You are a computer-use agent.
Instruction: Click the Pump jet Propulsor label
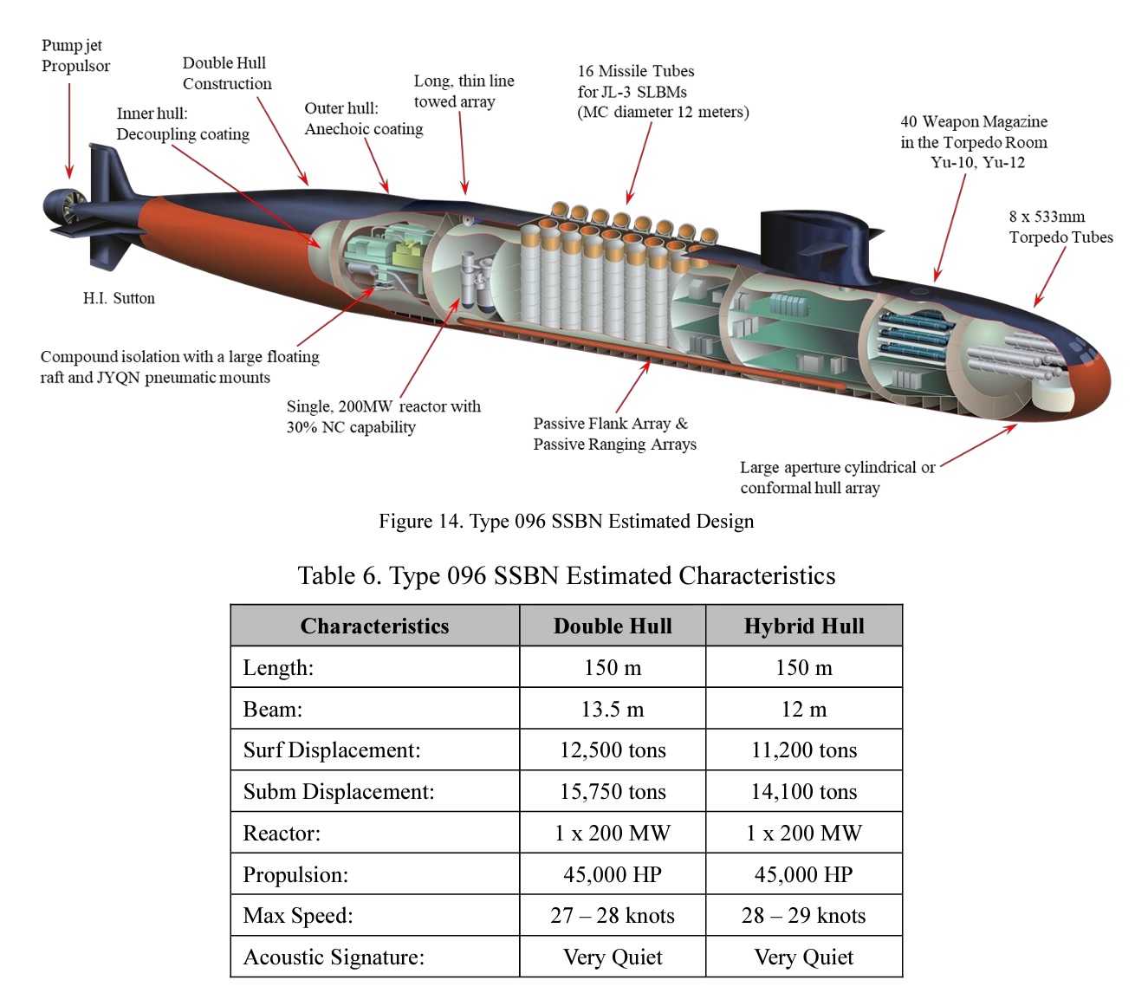(76, 55)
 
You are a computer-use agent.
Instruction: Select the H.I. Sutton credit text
(119, 298)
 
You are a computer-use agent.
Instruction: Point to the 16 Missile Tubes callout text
(663, 92)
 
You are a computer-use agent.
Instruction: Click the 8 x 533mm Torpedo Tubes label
(1060, 227)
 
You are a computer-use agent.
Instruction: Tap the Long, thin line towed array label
(464, 91)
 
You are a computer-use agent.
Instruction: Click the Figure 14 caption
(566, 521)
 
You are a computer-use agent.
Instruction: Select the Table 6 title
(567, 575)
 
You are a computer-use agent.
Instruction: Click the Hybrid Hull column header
(804, 626)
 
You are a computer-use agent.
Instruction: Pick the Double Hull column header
(613, 626)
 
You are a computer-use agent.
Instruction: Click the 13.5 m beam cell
(613, 709)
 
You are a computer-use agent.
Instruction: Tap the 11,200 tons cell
(804, 750)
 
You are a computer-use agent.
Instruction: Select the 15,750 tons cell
(613, 791)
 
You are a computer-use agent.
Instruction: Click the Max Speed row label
(298, 915)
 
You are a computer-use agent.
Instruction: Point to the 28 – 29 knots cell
(804, 915)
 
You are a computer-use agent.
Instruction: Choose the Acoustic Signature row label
(334, 957)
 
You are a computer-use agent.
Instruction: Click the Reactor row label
(282, 833)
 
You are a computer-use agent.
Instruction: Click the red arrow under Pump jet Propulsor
(69, 131)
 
